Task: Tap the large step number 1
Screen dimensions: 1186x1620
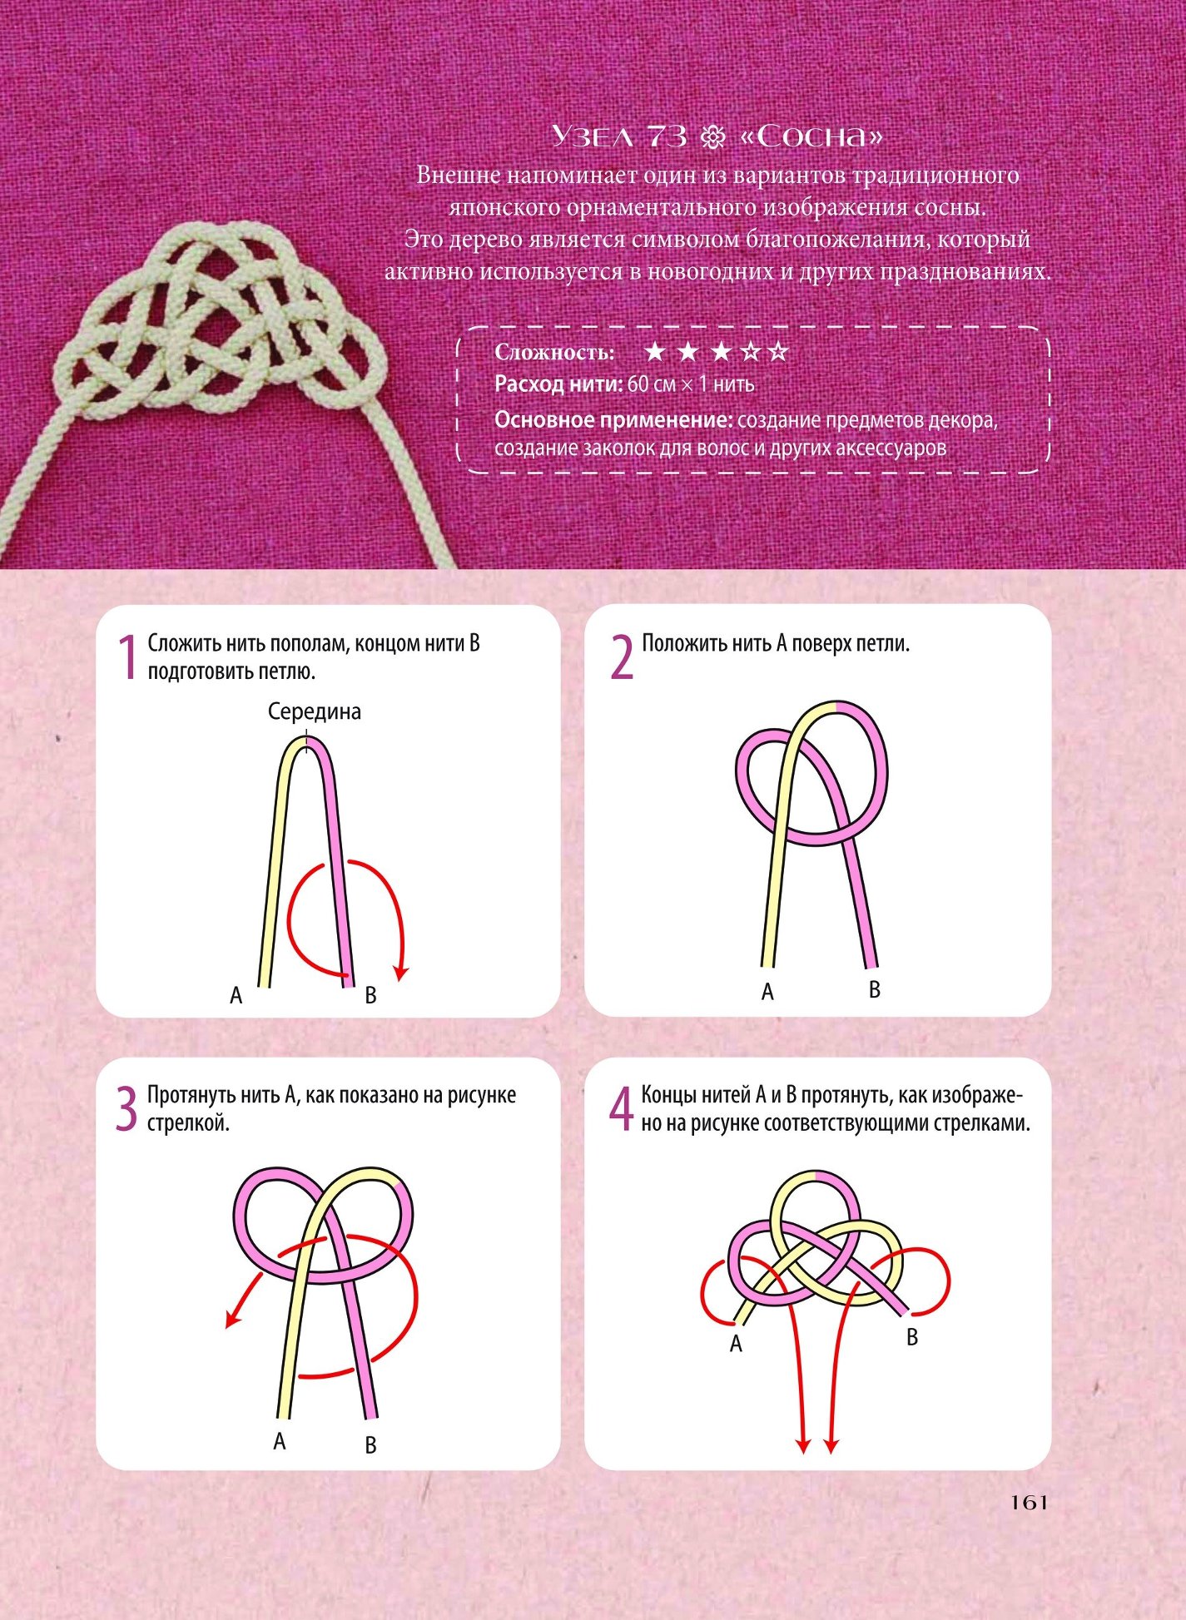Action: coord(127,658)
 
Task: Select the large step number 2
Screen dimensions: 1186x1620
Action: coord(622,658)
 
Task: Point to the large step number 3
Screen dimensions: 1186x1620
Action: coord(126,1110)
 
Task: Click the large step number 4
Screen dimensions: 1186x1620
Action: coord(622,1110)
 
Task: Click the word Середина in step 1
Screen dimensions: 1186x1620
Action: coord(315,711)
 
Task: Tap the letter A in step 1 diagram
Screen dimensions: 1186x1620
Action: coord(236,995)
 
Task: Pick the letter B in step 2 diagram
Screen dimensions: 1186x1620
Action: coord(875,989)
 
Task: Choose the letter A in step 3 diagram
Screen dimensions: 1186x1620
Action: coord(280,1440)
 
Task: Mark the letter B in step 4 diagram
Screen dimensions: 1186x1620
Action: coord(912,1337)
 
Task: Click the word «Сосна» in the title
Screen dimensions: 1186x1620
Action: coord(811,136)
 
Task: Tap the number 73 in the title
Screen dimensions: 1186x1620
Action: coord(666,136)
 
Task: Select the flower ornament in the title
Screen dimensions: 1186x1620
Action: coord(713,137)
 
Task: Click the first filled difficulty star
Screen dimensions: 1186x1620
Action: coord(655,352)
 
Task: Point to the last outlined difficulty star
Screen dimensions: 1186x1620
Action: coord(777,352)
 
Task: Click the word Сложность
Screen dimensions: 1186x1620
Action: coord(554,353)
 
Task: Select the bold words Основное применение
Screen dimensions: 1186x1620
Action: coord(613,420)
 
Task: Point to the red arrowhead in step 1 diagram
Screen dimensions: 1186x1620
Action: coord(402,972)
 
